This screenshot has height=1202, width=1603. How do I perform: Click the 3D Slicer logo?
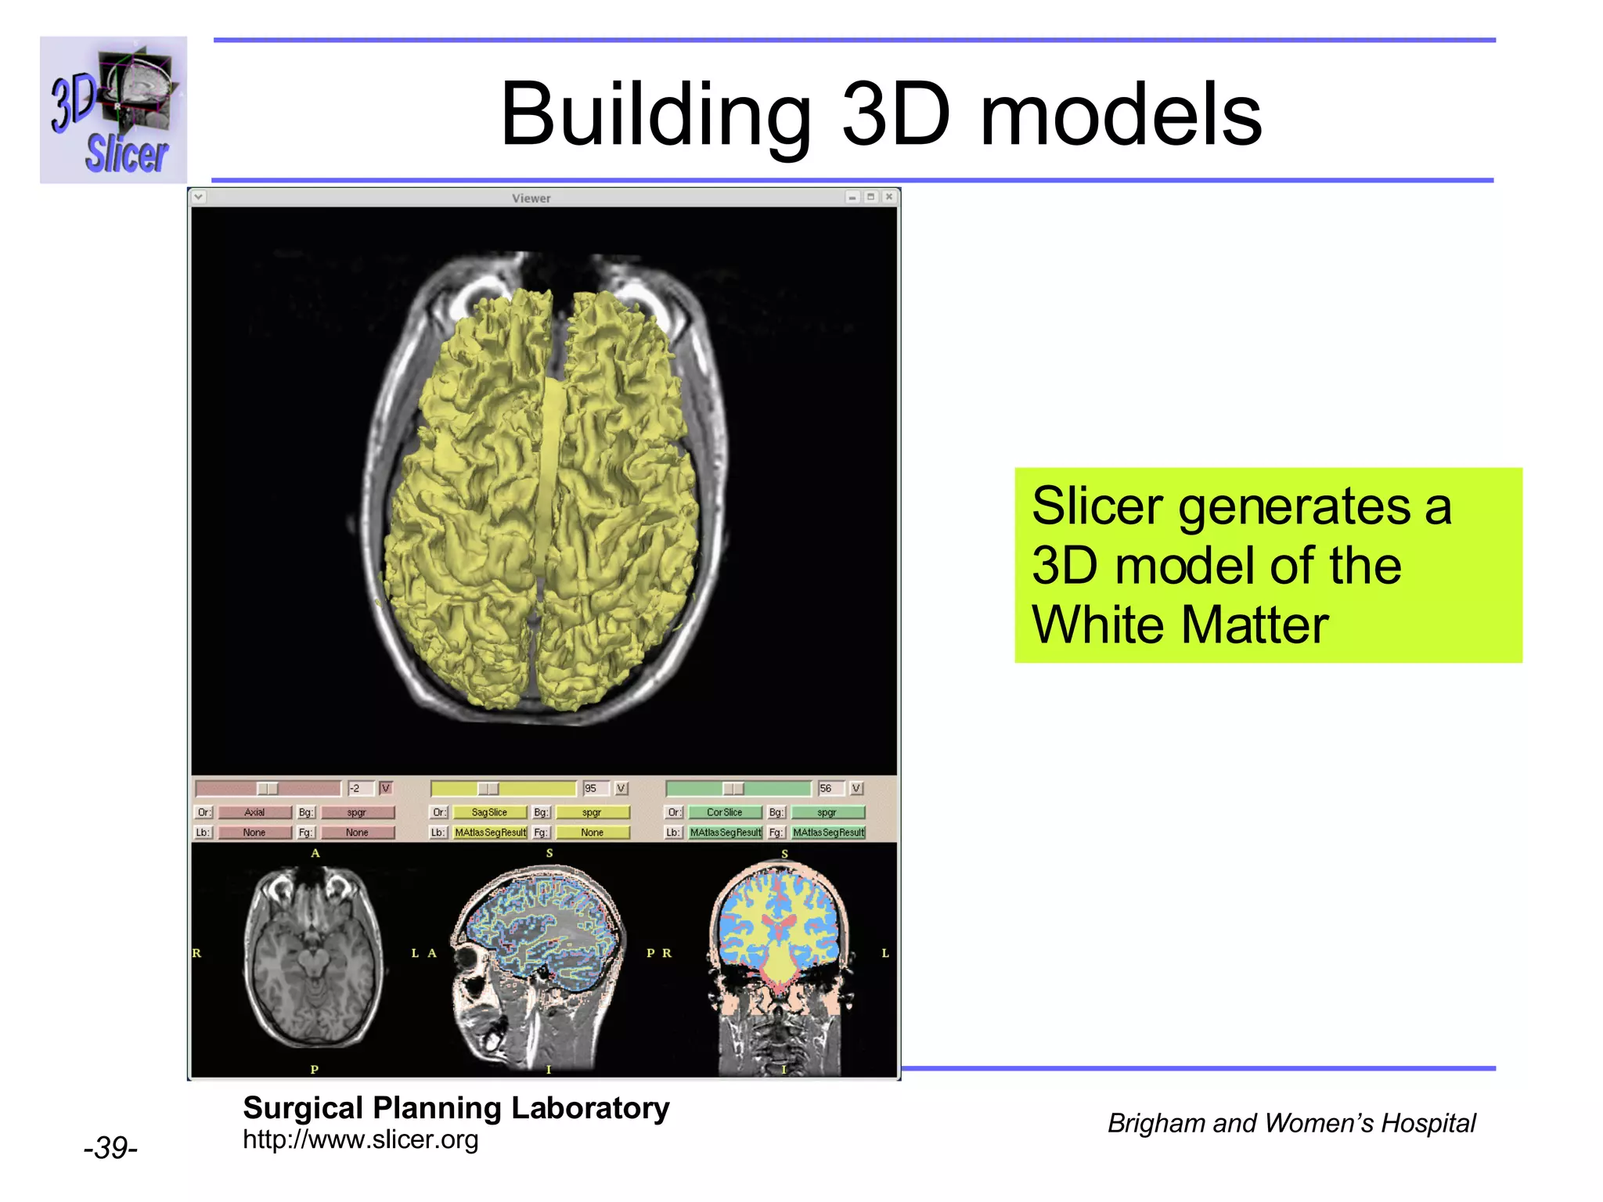click(113, 110)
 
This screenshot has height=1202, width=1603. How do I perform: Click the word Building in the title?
click(654, 115)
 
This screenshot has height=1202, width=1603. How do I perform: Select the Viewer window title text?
click(531, 198)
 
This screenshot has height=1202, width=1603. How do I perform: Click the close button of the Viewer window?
click(888, 197)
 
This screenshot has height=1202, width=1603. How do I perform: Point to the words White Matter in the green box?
click(1180, 624)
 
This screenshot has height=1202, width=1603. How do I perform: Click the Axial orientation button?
click(254, 812)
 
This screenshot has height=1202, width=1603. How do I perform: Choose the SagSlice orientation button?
click(489, 812)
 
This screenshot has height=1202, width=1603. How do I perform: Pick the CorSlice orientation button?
click(724, 812)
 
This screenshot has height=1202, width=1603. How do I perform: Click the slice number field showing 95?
click(594, 789)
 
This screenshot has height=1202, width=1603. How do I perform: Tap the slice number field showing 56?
click(829, 789)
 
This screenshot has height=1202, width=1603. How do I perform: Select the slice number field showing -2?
click(359, 789)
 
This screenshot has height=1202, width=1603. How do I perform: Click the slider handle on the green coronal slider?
click(733, 789)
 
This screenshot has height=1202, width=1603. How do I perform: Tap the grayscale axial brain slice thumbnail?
click(314, 959)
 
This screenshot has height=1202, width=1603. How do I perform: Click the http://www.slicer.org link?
click(360, 1140)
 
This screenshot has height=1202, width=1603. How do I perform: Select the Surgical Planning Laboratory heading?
click(456, 1108)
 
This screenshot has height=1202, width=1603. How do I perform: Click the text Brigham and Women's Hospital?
click(1291, 1124)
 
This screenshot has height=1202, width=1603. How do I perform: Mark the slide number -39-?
click(110, 1148)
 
